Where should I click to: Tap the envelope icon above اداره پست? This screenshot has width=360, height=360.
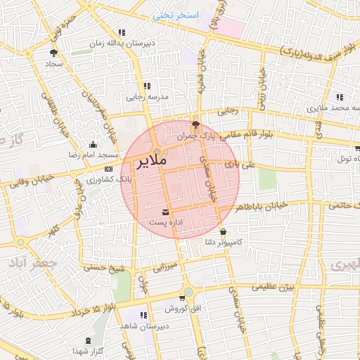(165, 211)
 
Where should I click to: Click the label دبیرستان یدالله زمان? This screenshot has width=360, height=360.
(117, 43)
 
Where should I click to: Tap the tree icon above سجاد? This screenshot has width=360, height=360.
(53, 52)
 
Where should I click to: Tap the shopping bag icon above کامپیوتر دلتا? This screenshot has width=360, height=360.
(224, 231)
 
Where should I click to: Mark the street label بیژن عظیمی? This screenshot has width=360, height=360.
(274, 288)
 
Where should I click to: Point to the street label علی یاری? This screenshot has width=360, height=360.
(238, 165)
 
